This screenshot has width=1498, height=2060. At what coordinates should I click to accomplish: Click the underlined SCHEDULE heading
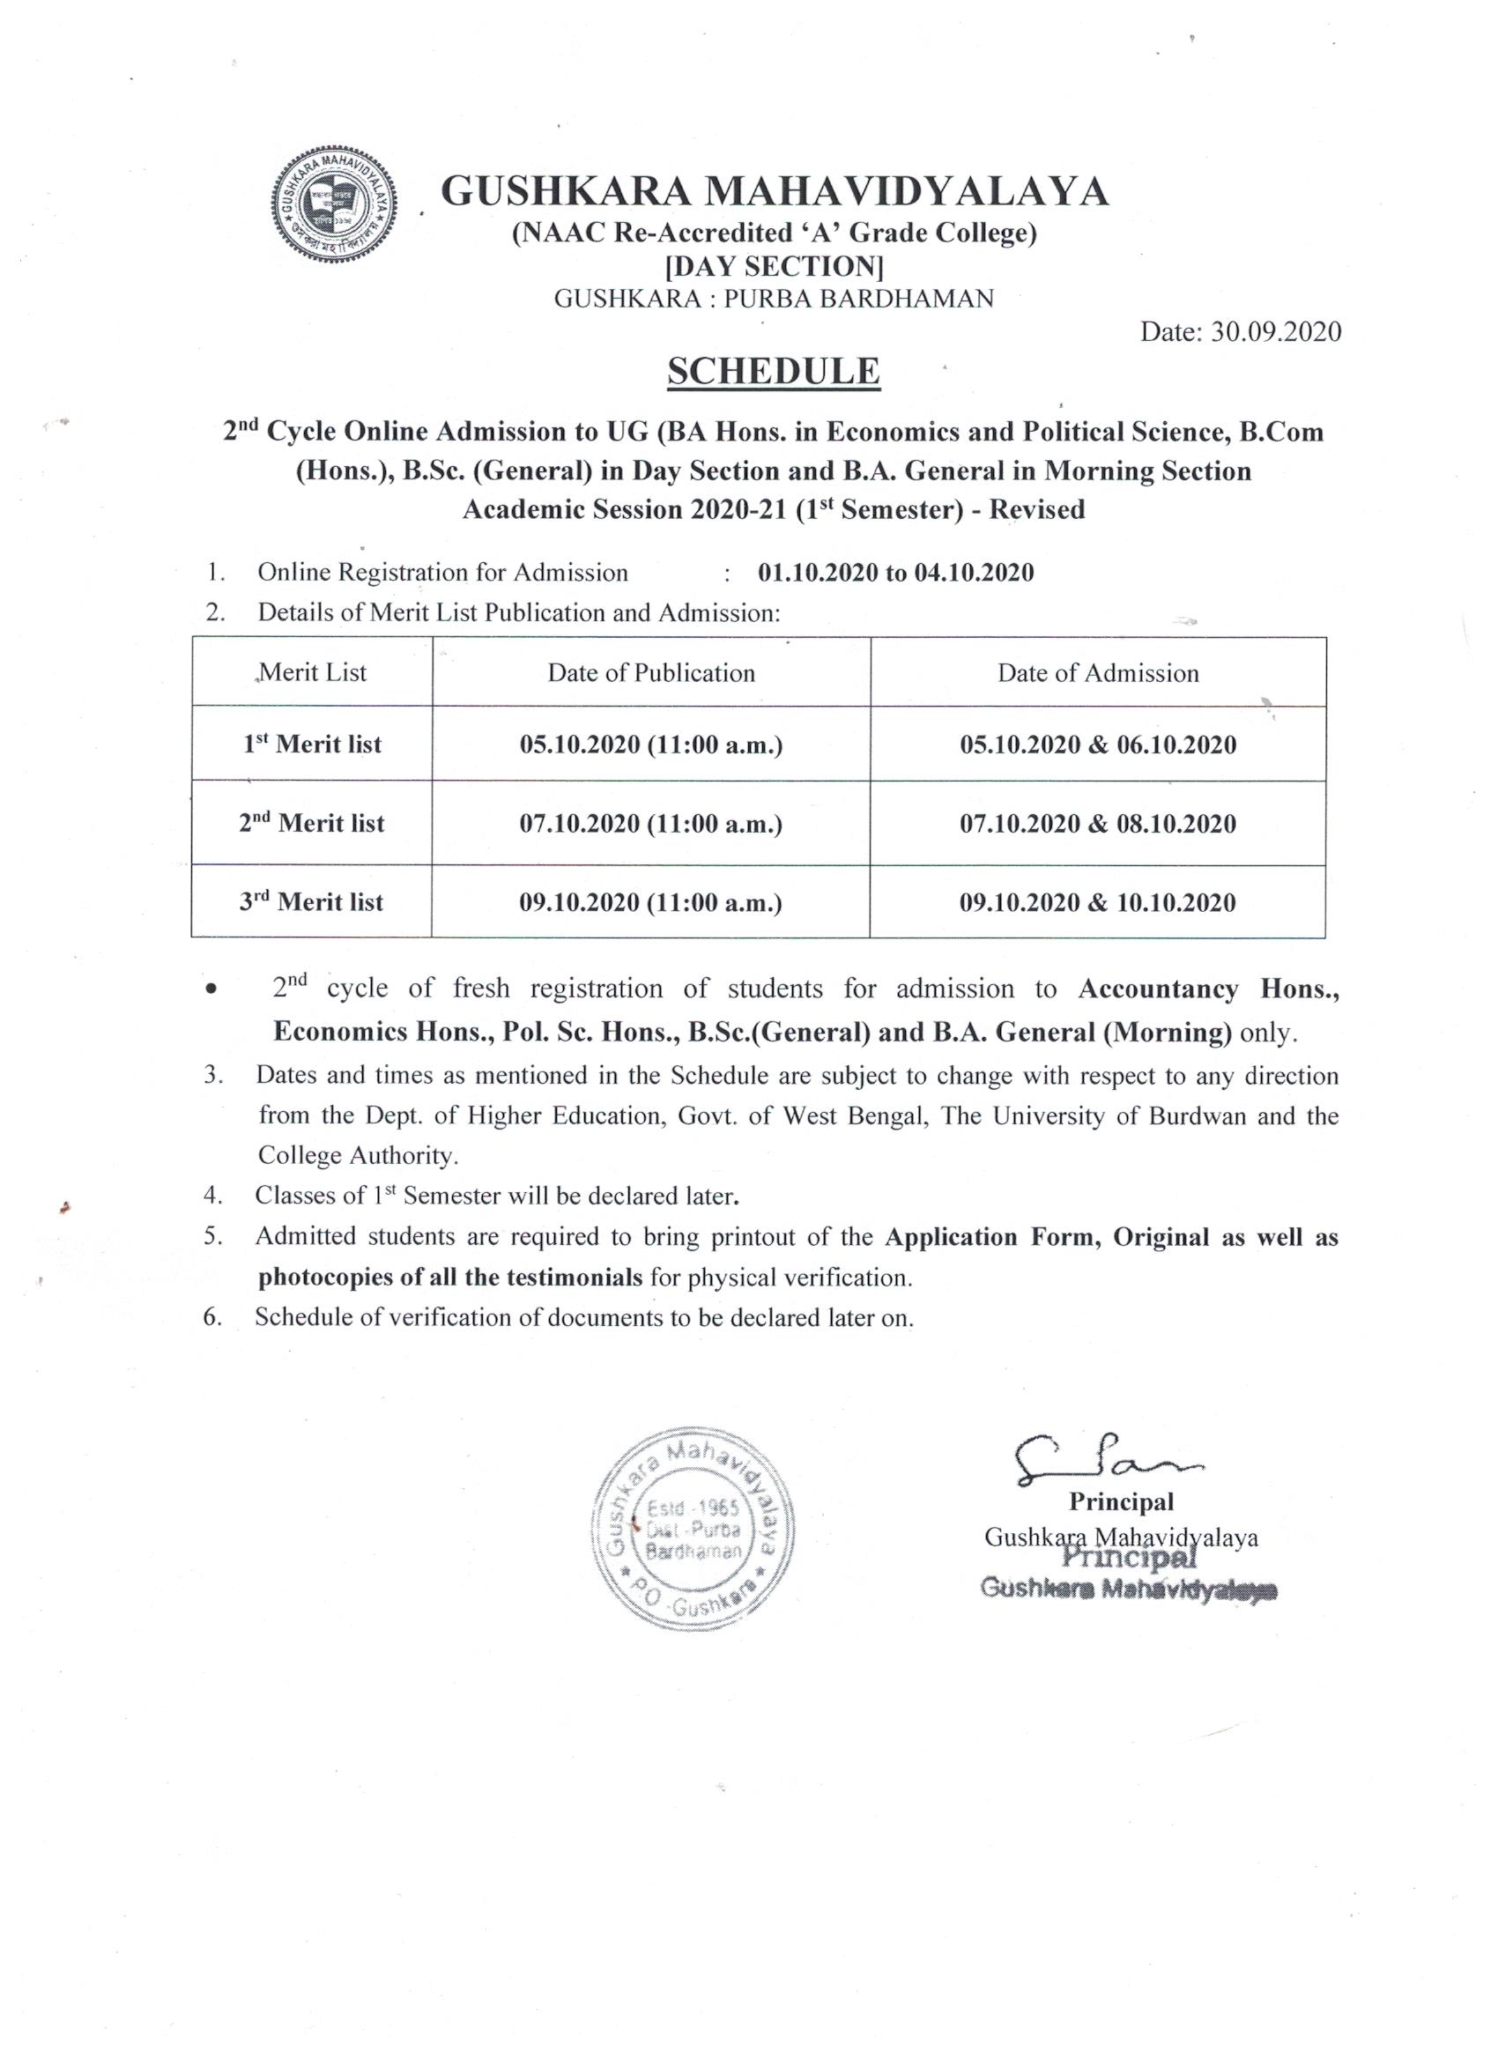774,372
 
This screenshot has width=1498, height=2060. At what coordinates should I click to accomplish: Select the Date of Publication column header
650,673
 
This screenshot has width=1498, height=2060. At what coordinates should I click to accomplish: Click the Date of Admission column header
1097,673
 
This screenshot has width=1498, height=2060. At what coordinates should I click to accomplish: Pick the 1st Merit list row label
312,745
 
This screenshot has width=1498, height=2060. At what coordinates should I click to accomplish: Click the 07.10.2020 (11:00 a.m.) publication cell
650,824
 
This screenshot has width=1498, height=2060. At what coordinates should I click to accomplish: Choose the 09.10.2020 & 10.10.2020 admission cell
1097,903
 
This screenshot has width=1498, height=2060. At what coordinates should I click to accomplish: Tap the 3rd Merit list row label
312,903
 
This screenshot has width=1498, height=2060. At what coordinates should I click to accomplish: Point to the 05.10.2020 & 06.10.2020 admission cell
1097,745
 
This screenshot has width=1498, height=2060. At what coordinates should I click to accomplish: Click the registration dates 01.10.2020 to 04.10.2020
895,573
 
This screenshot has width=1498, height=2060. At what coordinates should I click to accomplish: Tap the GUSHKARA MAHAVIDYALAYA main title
774,192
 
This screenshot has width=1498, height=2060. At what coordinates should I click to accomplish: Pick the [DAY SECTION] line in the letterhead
774,267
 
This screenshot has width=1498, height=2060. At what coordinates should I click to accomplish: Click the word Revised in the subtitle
1036,509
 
